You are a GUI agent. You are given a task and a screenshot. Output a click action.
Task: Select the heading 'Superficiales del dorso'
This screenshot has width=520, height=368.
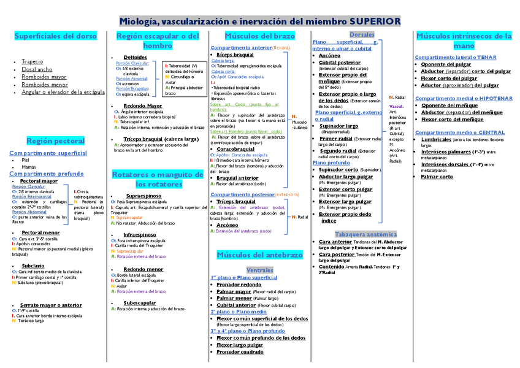click(55, 36)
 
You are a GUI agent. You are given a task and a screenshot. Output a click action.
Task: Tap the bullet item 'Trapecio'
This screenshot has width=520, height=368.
click(32, 61)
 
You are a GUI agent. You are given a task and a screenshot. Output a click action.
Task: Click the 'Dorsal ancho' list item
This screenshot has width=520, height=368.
click(37, 69)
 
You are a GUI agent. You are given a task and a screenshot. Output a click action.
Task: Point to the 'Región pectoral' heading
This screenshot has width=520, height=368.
click(55, 141)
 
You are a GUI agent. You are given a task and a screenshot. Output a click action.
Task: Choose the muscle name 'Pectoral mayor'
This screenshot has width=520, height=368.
click(39, 182)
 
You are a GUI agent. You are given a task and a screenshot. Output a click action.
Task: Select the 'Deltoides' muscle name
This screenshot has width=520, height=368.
click(135, 57)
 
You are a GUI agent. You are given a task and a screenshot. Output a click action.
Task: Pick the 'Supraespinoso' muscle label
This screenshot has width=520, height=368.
click(143, 195)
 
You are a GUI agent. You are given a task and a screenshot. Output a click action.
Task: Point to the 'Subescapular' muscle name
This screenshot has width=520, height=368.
click(139, 303)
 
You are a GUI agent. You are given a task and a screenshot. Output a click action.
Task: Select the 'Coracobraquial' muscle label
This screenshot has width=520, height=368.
click(235, 148)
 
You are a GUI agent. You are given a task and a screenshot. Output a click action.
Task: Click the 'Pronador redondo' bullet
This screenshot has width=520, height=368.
click(239, 285)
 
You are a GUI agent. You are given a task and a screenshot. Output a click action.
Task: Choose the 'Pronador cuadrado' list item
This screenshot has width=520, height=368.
click(240, 352)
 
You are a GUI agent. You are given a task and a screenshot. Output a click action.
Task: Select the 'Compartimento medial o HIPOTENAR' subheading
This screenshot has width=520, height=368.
click(464, 98)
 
